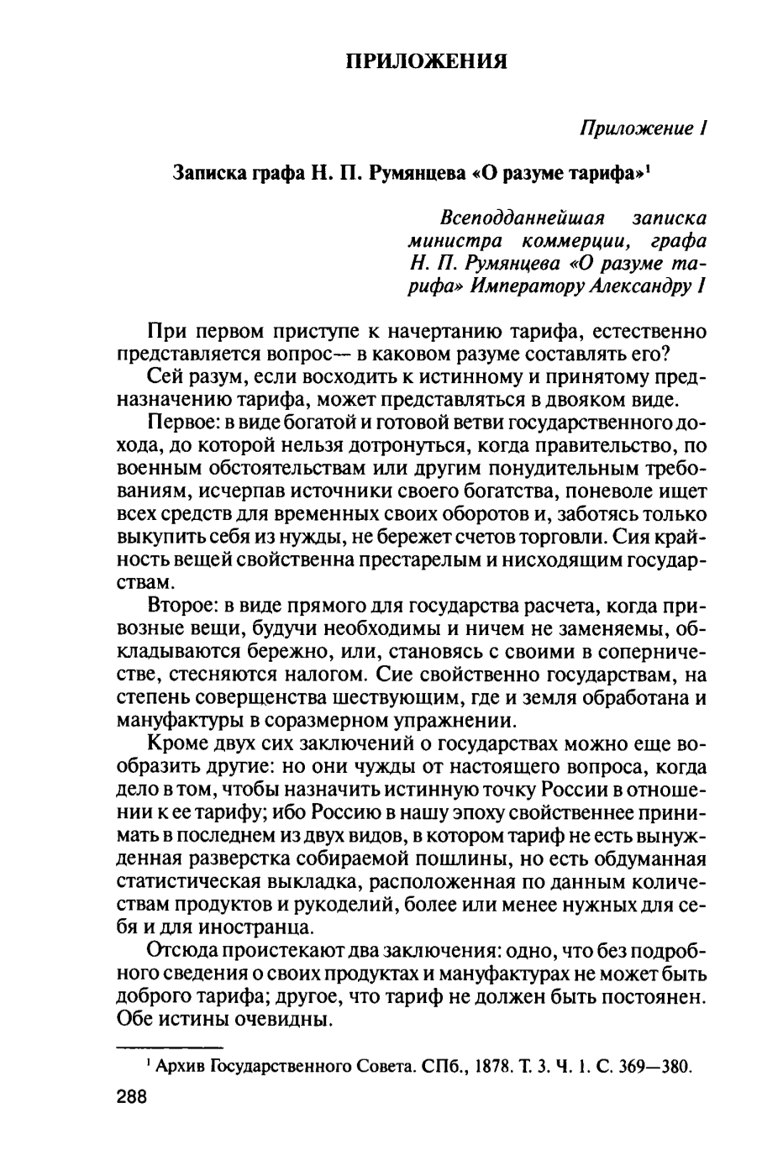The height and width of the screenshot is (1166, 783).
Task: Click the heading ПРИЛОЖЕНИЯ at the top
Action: (427, 61)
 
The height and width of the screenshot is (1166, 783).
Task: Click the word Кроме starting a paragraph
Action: (172, 744)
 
